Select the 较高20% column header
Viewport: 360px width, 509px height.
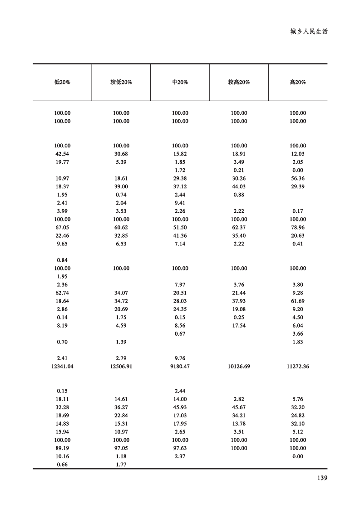tap(239, 83)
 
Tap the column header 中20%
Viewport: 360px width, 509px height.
tap(180, 83)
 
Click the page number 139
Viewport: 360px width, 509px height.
tap(321, 477)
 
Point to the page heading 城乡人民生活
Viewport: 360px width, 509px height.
tap(309, 32)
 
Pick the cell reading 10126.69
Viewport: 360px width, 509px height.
tap(239, 367)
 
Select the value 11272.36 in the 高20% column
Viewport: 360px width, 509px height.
tap(298, 367)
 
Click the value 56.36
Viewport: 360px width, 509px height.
tap(298, 179)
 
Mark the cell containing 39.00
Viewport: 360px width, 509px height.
tap(121, 187)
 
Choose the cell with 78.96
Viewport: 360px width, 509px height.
tap(298, 228)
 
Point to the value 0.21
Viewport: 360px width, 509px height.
tap(239, 171)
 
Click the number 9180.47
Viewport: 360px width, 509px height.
tap(180, 367)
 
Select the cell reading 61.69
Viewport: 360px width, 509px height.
tap(298, 301)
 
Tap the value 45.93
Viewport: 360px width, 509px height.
tap(180, 407)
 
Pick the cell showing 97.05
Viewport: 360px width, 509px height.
tap(121, 448)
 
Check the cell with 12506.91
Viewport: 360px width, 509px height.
tap(121, 367)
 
